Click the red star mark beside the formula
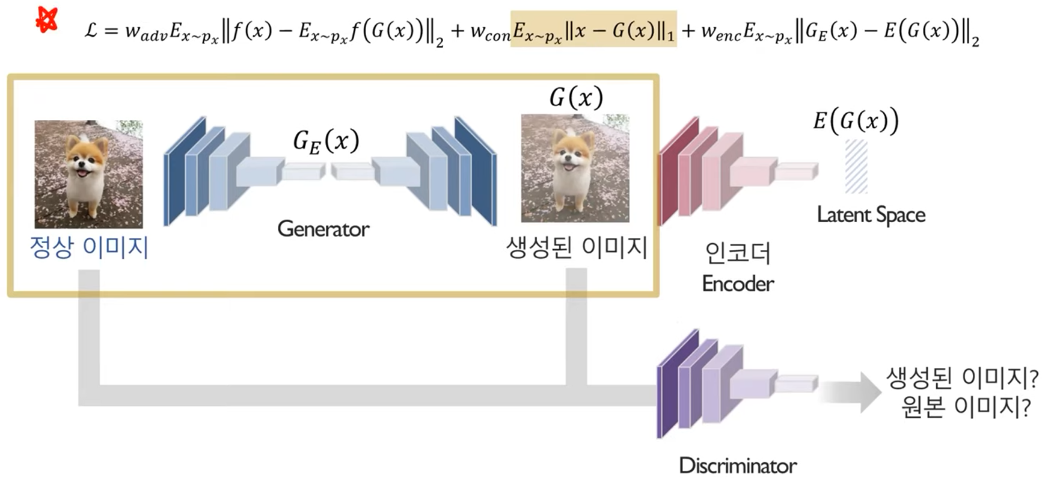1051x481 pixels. [x=47, y=19]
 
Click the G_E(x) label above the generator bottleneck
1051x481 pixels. [x=326, y=142]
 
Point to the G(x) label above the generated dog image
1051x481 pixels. [x=575, y=98]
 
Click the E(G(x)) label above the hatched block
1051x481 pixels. [x=856, y=121]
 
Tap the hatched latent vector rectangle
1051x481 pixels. [x=856, y=166]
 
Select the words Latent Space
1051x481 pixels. [x=871, y=215]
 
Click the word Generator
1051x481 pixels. [x=323, y=229]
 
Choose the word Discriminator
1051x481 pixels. [x=738, y=465]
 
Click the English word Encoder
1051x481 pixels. [x=738, y=284]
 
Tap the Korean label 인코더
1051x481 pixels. [x=737, y=253]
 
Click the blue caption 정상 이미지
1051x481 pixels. [x=89, y=247]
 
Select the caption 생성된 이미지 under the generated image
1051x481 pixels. [x=576, y=247]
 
